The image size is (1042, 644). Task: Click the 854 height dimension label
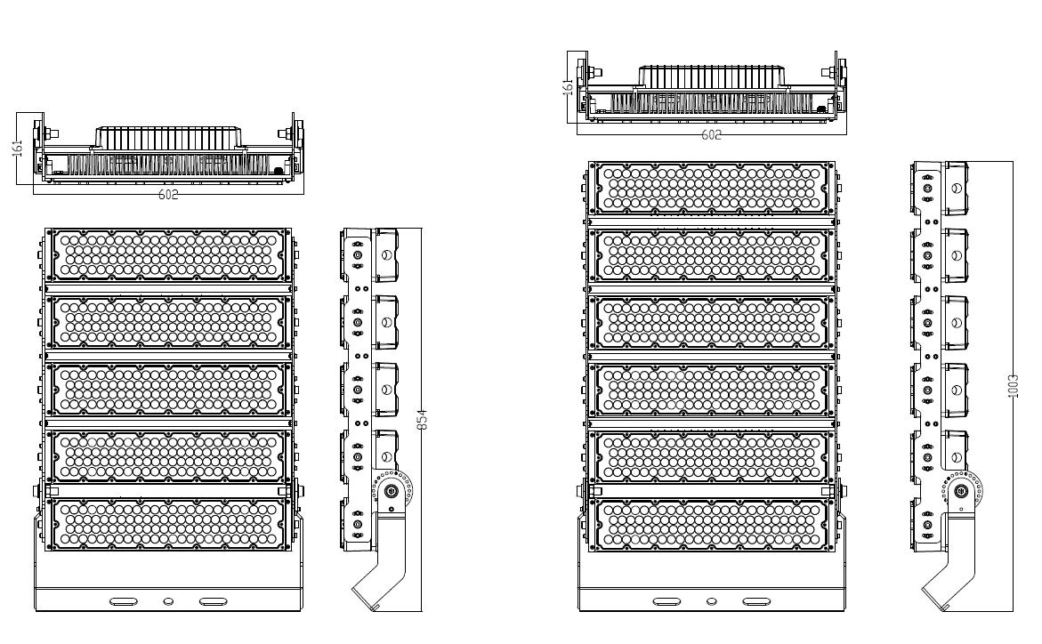(x=421, y=419)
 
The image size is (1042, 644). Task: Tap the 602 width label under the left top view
(x=168, y=195)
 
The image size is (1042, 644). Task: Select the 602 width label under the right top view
(x=711, y=135)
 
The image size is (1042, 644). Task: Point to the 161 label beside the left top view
(x=19, y=148)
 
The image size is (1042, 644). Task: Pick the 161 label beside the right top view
(x=568, y=86)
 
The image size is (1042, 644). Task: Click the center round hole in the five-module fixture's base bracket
(x=168, y=601)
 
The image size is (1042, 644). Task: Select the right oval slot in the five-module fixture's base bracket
(x=213, y=601)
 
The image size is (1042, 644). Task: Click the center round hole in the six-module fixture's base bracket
(x=712, y=601)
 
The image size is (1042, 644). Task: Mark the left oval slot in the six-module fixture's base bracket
(x=666, y=601)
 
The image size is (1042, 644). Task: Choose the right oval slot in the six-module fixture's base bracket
(x=756, y=601)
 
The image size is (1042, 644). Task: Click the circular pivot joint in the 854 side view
(x=392, y=491)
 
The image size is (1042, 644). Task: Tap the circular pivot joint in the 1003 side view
(x=961, y=491)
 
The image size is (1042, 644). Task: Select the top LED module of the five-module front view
(x=168, y=255)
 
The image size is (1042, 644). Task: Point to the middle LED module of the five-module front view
(x=168, y=390)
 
